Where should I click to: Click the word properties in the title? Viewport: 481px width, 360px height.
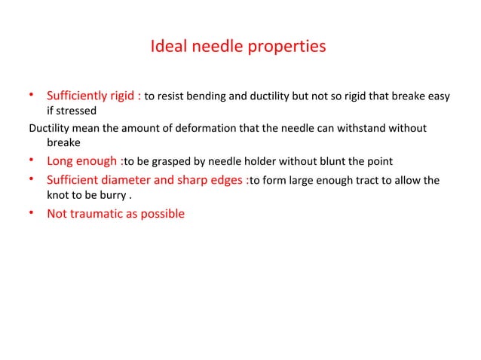pos(286,47)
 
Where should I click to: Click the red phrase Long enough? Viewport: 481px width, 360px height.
pos(82,161)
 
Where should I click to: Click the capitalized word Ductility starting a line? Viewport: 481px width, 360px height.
pos(48,128)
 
